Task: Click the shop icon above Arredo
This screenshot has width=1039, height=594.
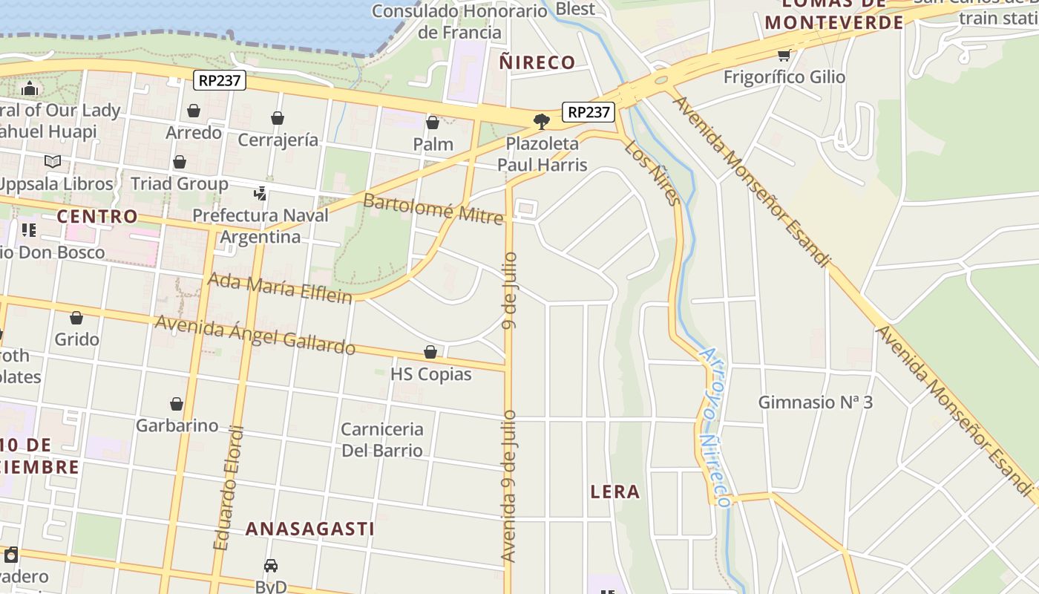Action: point(194,111)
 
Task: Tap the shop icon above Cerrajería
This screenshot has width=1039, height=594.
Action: point(278,118)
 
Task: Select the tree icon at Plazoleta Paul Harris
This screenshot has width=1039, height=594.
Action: point(542,121)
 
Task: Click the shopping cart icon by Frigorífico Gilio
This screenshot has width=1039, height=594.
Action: point(784,55)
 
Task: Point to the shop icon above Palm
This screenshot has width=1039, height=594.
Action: point(433,123)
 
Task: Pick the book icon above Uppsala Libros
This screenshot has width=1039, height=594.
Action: point(52,161)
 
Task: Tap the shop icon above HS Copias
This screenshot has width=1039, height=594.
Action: point(430,352)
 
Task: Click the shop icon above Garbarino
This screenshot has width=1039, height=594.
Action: point(177,404)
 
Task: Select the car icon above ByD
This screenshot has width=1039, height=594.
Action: point(271,566)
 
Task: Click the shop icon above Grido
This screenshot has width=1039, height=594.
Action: point(76,319)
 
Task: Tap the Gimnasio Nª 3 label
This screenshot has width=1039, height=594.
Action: point(815,402)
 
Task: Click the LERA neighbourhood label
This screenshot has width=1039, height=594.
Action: point(615,492)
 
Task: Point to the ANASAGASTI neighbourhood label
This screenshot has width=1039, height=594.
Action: point(309,529)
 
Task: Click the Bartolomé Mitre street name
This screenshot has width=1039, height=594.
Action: point(433,209)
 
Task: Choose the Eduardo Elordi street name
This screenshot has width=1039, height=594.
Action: point(229,487)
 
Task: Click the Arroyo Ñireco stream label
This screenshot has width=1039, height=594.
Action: point(715,427)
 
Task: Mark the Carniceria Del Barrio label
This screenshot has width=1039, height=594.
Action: point(382,440)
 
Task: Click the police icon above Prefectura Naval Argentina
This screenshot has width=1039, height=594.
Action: point(260,194)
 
